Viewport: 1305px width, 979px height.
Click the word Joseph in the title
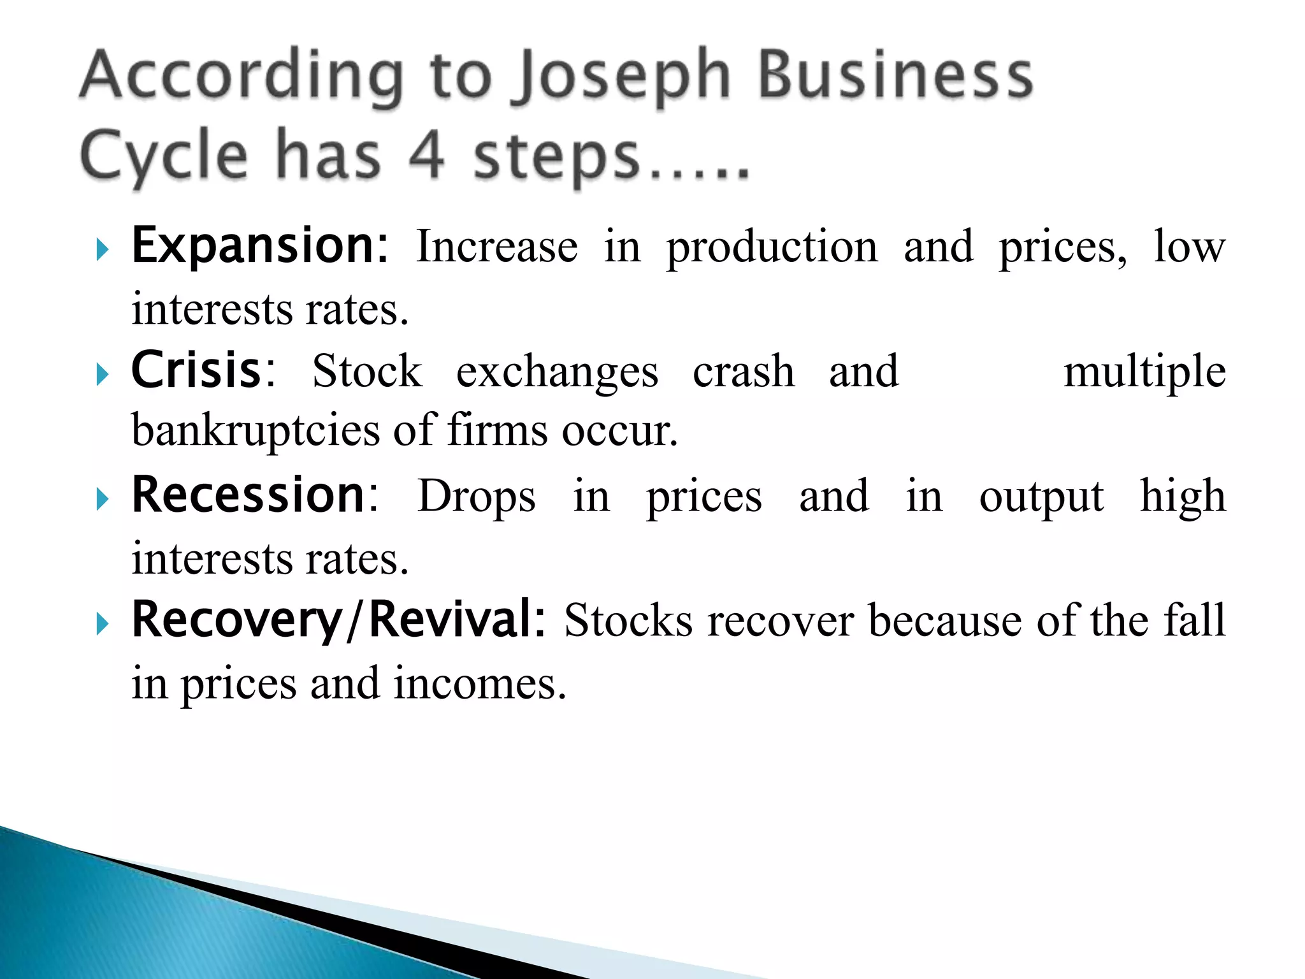[x=624, y=78]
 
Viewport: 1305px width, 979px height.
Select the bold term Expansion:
[x=259, y=247]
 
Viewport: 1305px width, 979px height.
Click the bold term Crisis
[x=196, y=370]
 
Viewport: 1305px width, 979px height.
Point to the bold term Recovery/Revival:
[x=338, y=620]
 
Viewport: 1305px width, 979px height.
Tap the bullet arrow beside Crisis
[x=103, y=374]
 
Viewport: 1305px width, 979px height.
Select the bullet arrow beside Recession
[x=103, y=499]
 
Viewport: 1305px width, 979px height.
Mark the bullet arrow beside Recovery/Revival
[x=103, y=624]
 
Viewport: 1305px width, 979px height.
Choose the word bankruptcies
[x=256, y=431]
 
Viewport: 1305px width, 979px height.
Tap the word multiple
[x=1144, y=372]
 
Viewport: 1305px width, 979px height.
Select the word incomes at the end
[x=479, y=683]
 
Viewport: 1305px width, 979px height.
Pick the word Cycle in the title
[x=164, y=157]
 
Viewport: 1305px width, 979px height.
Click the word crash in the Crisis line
[x=744, y=372]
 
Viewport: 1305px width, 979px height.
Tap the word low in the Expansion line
[x=1189, y=247]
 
